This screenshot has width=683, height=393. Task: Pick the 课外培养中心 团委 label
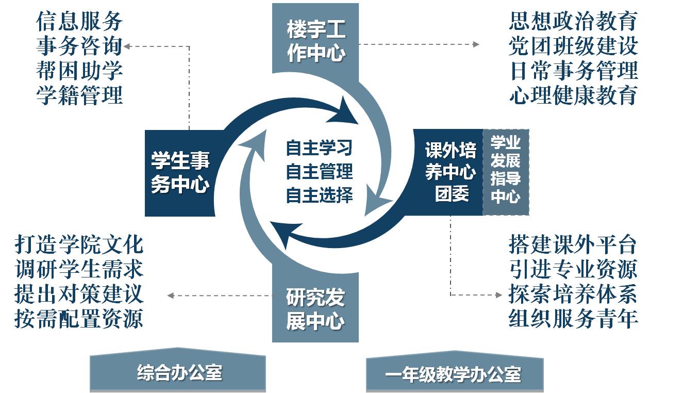click(x=451, y=172)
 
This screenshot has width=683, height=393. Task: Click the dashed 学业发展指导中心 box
click(x=506, y=172)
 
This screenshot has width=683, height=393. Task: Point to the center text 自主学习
click(x=319, y=148)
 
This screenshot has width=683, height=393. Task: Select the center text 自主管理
click(x=319, y=171)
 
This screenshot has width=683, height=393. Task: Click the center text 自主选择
click(x=319, y=195)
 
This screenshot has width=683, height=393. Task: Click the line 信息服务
click(x=79, y=21)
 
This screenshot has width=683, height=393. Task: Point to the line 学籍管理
click(x=79, y=95)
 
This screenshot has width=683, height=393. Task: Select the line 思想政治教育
click(x=573, y=21)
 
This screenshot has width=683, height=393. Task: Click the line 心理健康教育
click(x=573, y=95)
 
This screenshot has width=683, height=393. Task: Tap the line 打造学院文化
click(x=79, y=244)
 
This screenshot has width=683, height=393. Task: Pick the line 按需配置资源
click(x=79, y=319)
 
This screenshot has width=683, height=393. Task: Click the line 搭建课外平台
click(x=573, y=244)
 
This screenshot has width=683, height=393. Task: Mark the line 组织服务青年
click(x=573, y=319)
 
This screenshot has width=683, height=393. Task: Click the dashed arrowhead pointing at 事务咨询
click(x=127, y=46)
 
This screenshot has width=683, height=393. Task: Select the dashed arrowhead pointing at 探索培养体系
click(x=499, y=295)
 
